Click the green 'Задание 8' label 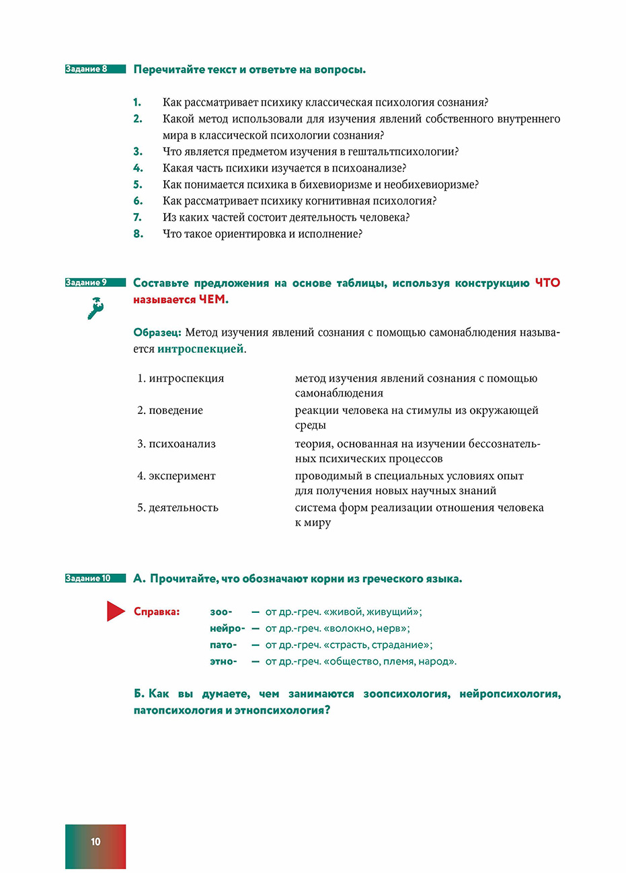(x=95, y=69)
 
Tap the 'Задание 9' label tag (x=95, y=283)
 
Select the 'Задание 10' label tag (x=95, y=579)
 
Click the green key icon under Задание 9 (x=95, y=310)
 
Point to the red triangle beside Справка (x=115, y=612)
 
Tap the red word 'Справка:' (x=157, y=612)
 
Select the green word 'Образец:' (x=157, y=333)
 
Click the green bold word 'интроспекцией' (x=200, y=349)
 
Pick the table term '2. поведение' (x=170, y=411)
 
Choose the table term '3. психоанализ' (x=177, y=444)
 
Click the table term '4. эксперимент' (x=176, y=476)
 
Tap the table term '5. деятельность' (x=178, y=508)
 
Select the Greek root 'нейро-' (x=227, y=628)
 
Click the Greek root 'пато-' (x=223, y=645)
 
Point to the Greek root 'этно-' (x=223, y=661)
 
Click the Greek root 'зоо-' (x=221, y=612)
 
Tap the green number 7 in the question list (x=137, y=217)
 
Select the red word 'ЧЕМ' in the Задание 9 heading (x=212, y=300)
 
